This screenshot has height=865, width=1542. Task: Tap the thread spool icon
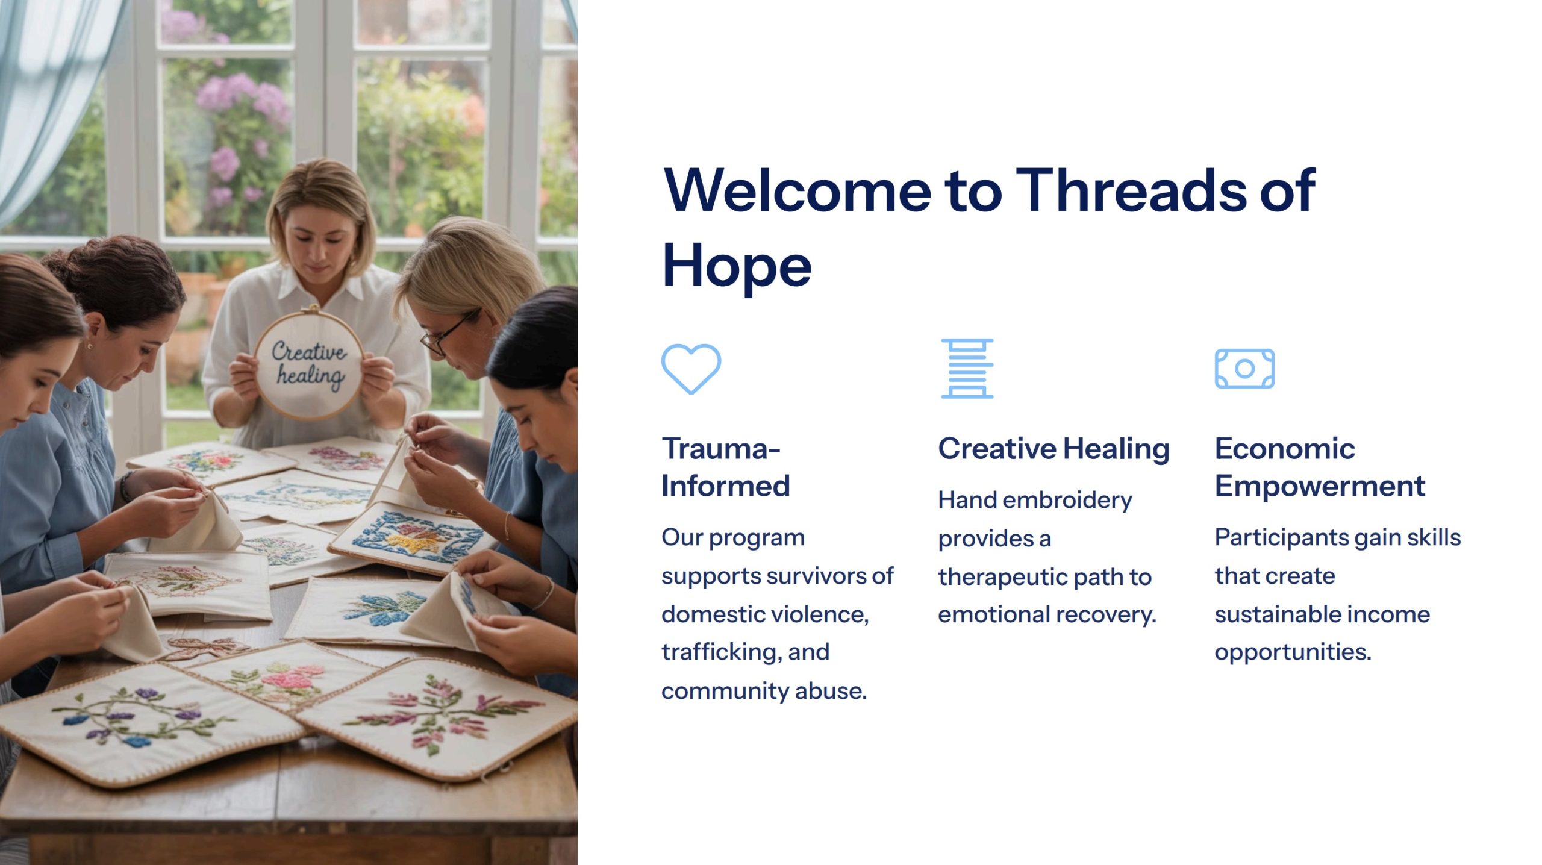[967, 368]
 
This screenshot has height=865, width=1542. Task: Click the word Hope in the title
[737, 266]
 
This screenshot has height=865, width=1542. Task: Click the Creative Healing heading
[1054, 449]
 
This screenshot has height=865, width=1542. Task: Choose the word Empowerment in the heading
[1320, 487]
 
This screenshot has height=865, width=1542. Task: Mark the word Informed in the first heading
[726, 486]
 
